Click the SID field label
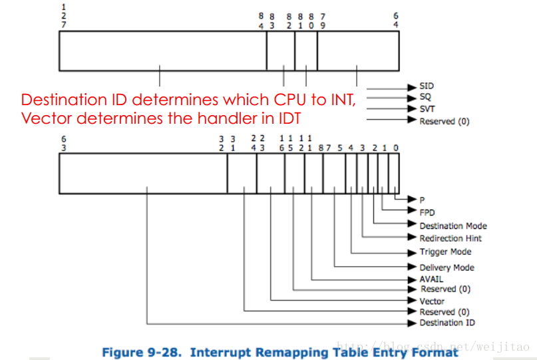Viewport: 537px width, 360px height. point(427,87)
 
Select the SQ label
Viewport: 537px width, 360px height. point(426,97)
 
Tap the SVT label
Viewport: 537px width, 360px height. point(427,108)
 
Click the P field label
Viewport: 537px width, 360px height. point(422,200)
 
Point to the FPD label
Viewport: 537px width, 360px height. point(427,212)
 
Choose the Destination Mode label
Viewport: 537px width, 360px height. point(452,226)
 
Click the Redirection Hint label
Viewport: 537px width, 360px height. point(450,238)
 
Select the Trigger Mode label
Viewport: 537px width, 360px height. point(445,252)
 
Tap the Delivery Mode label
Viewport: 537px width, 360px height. point(447,268)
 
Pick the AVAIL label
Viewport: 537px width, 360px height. point(431,279)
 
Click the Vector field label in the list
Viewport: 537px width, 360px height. point(432,301)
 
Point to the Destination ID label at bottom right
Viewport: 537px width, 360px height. point(447,323)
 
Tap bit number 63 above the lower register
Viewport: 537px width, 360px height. point(63,143)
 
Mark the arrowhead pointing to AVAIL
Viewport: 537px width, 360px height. point(413,279)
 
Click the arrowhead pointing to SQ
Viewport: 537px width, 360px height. point(413,97)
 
